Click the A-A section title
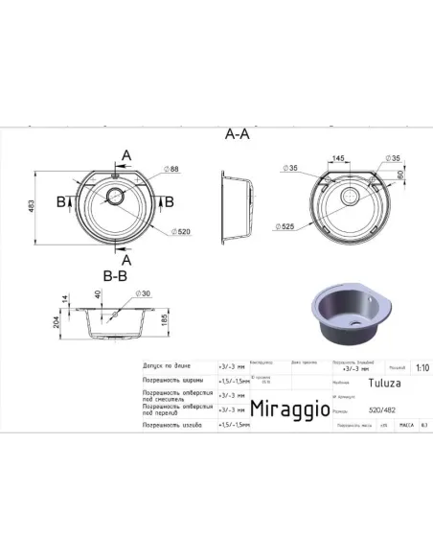coord(237,136)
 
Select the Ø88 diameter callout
coord(172,170)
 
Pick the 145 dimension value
coord(339,156)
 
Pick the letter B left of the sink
coord(61,202)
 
